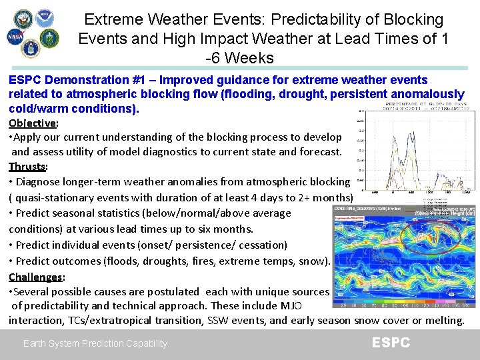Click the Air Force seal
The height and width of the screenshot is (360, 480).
pyautogui.click(x=31, y=49)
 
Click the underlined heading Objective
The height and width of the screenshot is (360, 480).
pyautogui.click(x=32, y=123)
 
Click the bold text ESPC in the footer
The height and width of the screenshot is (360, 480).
pyautogui.click(x=391, y=343)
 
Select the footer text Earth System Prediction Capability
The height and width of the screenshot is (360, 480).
pyautogui.click(x=95, y=343)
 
